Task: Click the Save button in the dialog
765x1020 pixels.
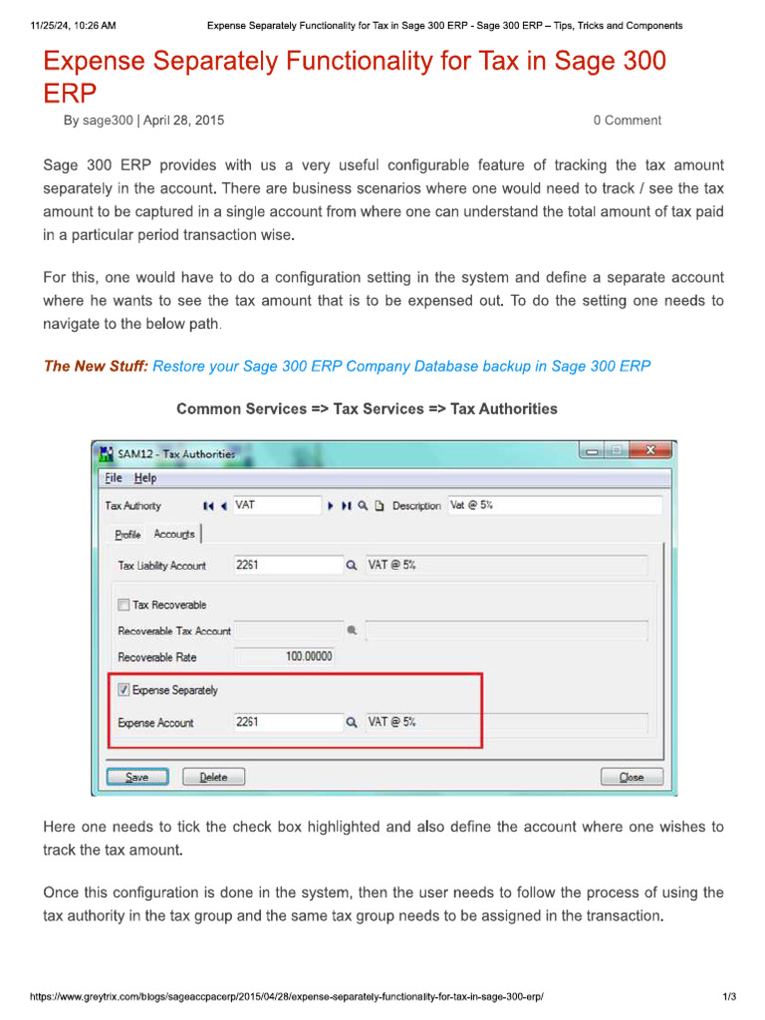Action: point(137,777)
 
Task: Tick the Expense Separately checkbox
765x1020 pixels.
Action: point(125,689)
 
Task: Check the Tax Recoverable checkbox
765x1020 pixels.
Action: point(125,605)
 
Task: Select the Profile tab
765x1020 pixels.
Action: point(127,535)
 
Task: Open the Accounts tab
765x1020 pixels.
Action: point(174,535)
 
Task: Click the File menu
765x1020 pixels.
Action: point(114,478)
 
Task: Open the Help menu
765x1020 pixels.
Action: point(145,478)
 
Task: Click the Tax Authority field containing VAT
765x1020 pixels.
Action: point(276,505)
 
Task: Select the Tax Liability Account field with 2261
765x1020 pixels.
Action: point(286,565)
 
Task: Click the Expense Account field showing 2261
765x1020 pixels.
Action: point(286,722)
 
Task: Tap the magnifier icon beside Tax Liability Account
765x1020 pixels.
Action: point(351,566)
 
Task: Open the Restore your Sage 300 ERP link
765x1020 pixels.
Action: point(401,367)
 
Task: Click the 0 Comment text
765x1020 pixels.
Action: point(627,121)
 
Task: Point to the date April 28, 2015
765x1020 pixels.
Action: point(183,121)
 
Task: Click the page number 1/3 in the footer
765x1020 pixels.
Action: point(729,997)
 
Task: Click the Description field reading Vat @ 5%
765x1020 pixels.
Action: point(553,505)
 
